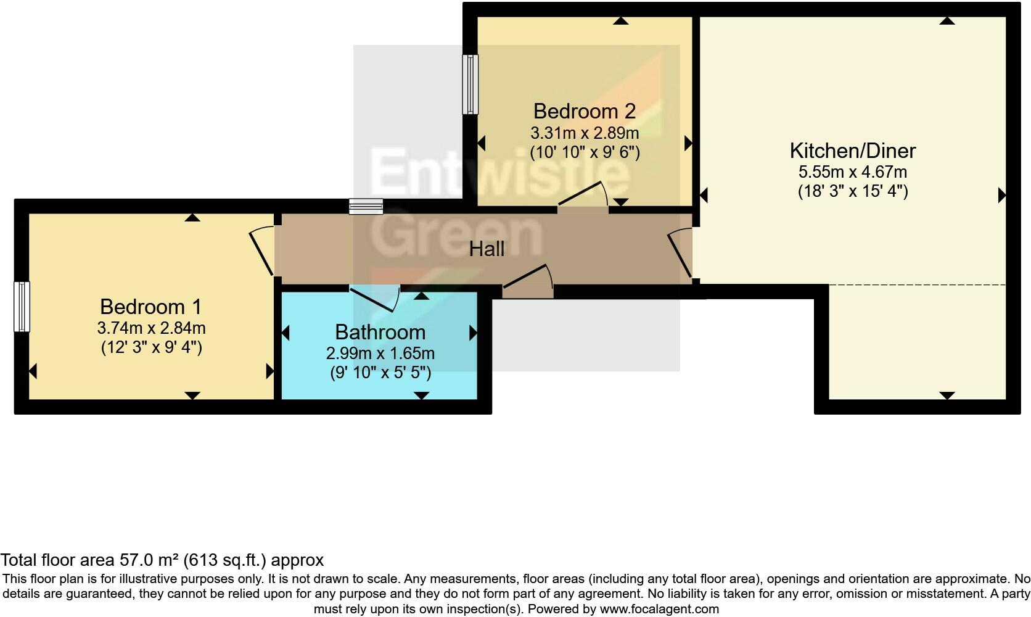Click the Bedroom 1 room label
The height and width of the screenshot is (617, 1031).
point(150,307)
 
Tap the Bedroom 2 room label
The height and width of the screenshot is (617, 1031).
point(584,111)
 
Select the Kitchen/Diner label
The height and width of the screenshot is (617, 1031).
point(852,151)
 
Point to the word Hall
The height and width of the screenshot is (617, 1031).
point(487,249)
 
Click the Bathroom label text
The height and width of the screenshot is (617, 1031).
point(380,332)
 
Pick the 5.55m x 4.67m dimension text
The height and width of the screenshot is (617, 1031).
point(852,172)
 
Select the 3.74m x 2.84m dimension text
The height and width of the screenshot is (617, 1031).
point(151,328)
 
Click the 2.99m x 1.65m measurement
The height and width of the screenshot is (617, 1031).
point(380,353)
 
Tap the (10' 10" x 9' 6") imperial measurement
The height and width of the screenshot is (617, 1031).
point(585,152)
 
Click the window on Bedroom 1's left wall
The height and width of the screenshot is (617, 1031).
point(22,307)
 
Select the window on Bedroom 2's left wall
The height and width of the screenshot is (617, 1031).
point(470,85)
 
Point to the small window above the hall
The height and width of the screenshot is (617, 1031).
point(366,206)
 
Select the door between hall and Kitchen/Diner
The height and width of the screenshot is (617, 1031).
point(680,253)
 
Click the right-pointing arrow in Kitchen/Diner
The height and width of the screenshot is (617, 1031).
point(1002,196)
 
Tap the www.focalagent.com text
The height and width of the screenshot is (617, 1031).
point(659,609)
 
